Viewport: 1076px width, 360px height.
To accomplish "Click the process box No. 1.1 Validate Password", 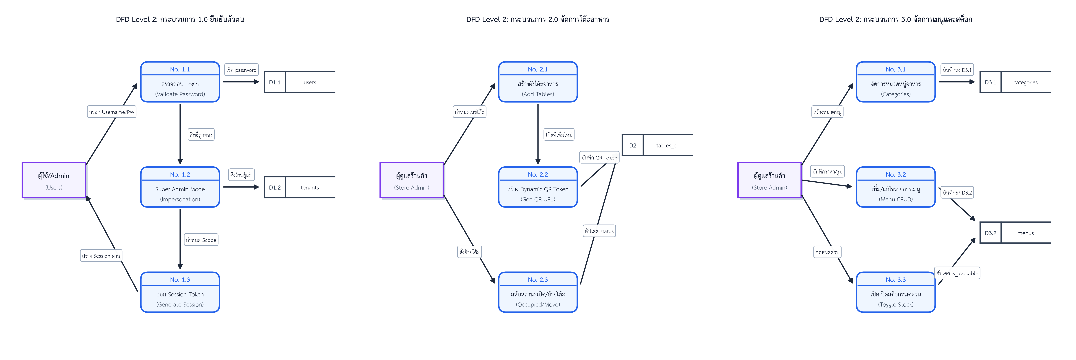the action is click(x=180, y=82).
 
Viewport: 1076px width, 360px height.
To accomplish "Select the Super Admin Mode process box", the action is click(x=180, y=187).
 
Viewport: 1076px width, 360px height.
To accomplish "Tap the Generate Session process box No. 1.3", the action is click(x=180, y=292).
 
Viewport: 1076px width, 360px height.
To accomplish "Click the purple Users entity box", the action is click(x=54, y=180).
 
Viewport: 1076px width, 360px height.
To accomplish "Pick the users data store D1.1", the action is click(x=299, y=82).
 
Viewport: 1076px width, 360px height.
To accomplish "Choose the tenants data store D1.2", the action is click(x=299, y=187).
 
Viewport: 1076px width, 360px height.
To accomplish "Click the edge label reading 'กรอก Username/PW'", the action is click(x=112, y=112).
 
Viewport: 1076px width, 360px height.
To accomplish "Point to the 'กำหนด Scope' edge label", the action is click(x=201, y=240).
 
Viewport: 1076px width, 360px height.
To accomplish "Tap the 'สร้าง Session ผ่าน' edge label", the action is click(x=101, y=256).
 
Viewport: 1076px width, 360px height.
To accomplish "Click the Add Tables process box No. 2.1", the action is click(x=538, y=82).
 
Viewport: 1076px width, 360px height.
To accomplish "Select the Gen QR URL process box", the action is click(x=538, y=187).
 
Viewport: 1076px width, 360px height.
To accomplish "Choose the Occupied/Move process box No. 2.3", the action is click(x=538, y=292).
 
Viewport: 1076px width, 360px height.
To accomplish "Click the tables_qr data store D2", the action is click(x=658, y=145).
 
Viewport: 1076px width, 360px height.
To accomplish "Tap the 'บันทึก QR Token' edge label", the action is click(x=599, y=157).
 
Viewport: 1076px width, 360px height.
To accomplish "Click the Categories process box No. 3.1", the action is click(x=896, y=82).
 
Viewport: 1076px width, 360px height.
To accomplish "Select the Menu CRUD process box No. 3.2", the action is click(x=896, y=187).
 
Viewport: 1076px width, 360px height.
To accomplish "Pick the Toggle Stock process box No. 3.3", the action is click(x=896, y=292).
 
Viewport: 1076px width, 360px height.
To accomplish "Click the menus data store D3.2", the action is click(x=1015, y=233).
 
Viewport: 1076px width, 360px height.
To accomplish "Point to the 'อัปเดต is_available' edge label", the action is click(x=957, y=273).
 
